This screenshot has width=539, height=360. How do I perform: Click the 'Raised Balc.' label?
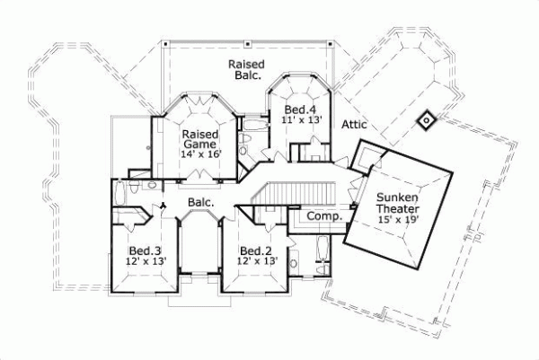244,70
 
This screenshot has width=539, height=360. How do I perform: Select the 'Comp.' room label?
321,216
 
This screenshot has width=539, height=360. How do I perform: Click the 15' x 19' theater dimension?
397,218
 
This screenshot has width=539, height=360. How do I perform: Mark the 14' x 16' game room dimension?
201,154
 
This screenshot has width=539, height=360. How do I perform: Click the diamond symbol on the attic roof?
425,119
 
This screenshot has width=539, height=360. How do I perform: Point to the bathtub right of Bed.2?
322,250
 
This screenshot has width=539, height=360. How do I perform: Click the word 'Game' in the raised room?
201,143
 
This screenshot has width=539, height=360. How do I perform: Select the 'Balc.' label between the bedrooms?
200,204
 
